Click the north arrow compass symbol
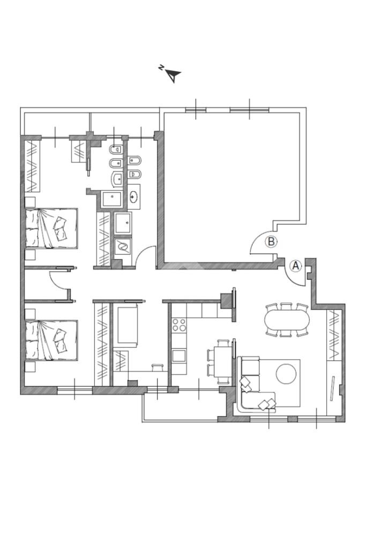173,75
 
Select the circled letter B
271,242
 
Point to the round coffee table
286,374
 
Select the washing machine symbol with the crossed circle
123,247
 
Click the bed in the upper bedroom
51,229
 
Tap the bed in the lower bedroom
51,340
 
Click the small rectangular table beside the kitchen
222,362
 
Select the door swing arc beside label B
259,241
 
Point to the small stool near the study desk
158,366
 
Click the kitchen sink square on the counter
179,356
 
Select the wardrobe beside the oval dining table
333,335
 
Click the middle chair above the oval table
286,306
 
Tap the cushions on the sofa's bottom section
267,404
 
